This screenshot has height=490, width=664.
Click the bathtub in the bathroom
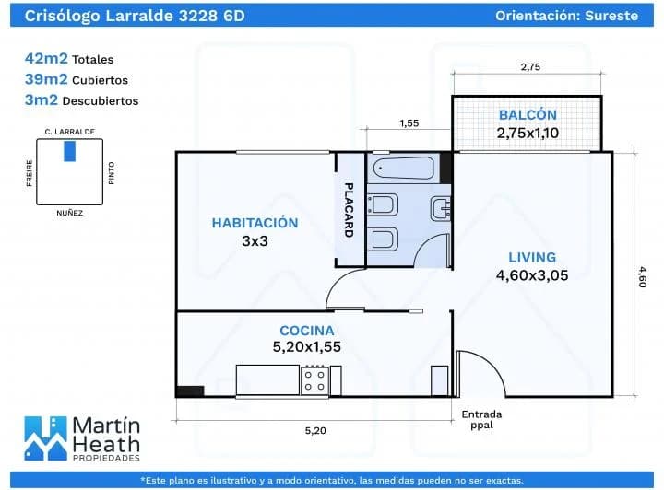tap(404, 169)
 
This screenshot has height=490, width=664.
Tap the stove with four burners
tap(314, 381)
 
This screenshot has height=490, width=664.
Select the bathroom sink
tap(441, 209)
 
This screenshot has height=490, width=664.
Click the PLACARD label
tap(349, 210)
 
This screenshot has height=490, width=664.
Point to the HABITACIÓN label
tap(255, 223)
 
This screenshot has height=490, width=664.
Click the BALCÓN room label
tap(528, 114)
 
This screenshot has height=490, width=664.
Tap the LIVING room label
tap(532, 257)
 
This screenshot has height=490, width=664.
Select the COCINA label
tap(306, 331)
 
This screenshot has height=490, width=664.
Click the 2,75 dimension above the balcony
tap(530, 67)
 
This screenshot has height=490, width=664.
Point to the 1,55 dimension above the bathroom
tap(409, 123)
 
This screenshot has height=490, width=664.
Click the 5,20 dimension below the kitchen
tap(315, 430)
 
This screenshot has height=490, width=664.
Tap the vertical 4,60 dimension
tap(643, 277)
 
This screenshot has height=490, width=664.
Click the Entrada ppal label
tap(481, 419)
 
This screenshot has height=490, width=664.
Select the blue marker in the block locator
tap(69, 151)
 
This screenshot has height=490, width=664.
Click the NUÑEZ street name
tap(69, 213)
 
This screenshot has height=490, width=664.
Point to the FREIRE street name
tap(30, 173)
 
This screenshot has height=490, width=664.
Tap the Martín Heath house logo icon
tap(45, 438)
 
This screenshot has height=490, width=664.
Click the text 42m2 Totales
tap(69, 58)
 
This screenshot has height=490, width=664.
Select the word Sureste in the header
tap(611, 16)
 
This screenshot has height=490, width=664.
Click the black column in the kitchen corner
tap(190, 391)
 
